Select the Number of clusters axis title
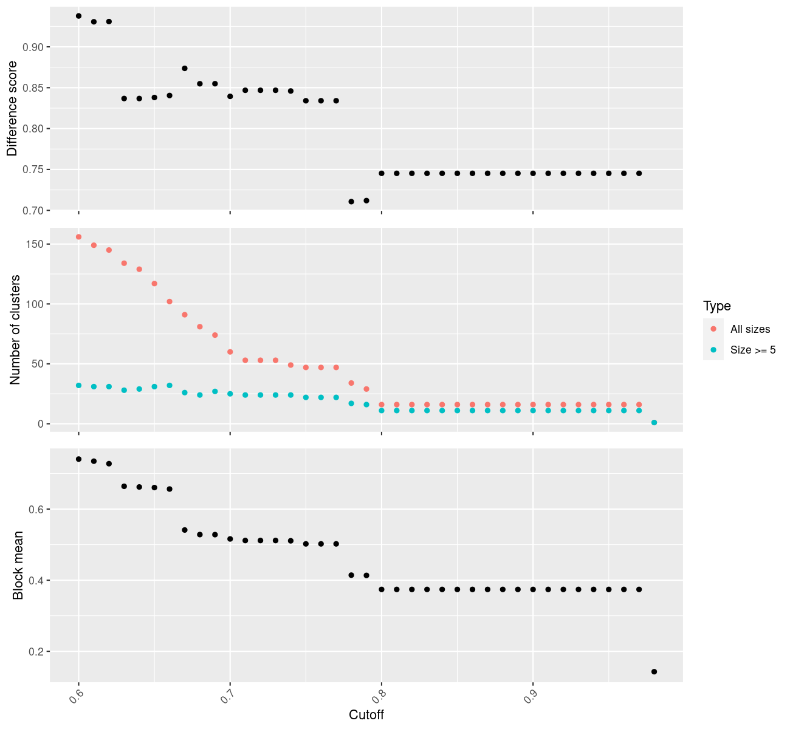16,329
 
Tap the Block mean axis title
18,565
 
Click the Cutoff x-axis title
366,714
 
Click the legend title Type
716,306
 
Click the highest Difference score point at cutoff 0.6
78,16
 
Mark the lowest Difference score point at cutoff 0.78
351,202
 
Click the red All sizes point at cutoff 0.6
78,237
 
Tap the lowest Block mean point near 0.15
654,671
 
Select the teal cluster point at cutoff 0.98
654,422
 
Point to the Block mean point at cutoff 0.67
185,530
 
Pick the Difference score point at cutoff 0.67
185,68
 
